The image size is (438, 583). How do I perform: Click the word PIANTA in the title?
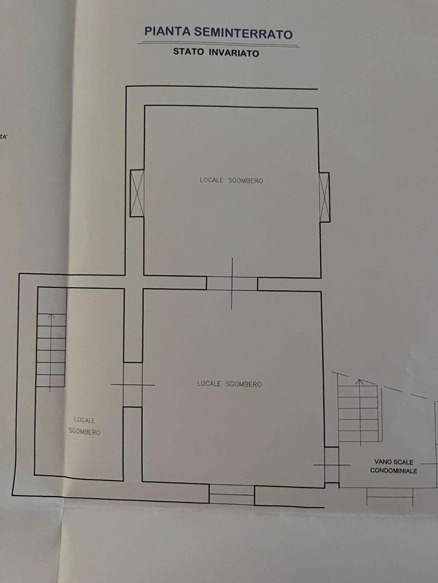tap(167, 31)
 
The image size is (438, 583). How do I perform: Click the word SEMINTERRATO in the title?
tap(243, 33)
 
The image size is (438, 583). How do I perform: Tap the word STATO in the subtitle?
tap(189, 51)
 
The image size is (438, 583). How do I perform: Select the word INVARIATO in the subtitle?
tap(234, 53)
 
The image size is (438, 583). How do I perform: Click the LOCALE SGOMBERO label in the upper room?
tap(231, 180)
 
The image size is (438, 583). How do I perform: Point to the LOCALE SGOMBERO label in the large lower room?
tap(229, 384)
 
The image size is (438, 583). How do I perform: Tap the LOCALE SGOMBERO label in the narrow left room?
tap(85, 426)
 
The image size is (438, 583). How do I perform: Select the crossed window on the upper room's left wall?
tap(137, 194)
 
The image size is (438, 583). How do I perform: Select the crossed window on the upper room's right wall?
tap(324, 197)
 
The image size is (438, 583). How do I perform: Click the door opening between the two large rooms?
tap(232, 283)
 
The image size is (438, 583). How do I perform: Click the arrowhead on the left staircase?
tap(52, 316)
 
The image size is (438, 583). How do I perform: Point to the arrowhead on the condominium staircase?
tap(360, 382)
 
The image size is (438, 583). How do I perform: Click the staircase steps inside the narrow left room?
tap(51, 350)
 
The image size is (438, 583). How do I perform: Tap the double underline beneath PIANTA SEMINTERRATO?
tap(219, 45)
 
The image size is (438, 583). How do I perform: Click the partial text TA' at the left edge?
tap(3, 137)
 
